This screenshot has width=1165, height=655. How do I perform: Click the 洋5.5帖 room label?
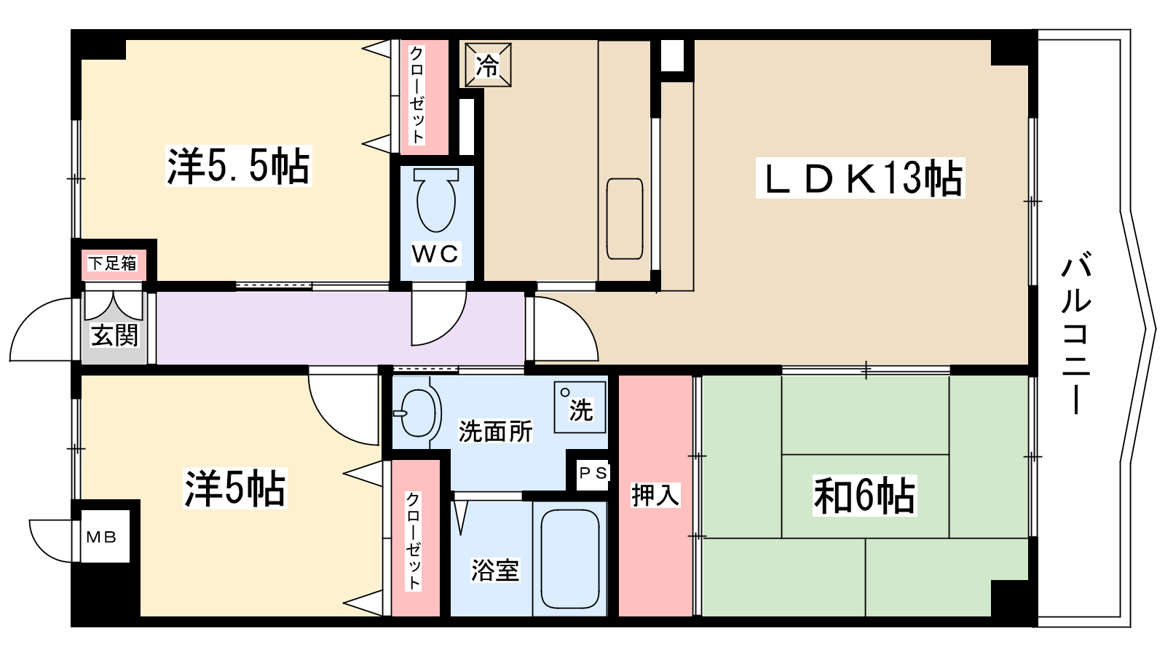[x=238, y=166]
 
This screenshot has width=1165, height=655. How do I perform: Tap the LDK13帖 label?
[x=860, y=178]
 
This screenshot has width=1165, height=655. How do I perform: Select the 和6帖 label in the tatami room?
[x=864, y=496]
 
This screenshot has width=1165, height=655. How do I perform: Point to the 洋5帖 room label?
[x=234, y=488]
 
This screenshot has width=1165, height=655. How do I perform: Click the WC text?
[x=435, y=254]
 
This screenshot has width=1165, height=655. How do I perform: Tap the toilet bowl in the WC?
[x=436, y=200]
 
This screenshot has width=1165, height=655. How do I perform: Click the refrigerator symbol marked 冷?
[x=488, y=65]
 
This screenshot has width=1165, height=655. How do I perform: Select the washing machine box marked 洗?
[x=580, y=407]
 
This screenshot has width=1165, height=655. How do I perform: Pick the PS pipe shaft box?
[x=593, y=473]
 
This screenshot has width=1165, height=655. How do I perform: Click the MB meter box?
[x=101, y=536]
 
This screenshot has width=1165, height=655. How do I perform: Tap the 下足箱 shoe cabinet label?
[x=112, y=263]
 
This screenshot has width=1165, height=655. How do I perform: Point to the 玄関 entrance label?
[x=114, y=336]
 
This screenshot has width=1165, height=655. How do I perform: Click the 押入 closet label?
[x=655, y=495]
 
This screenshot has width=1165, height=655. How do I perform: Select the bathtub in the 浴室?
[x=570, y=558]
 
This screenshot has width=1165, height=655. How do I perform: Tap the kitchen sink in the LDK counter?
[x=625, y=219]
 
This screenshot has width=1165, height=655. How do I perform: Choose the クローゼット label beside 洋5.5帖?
[x=417, y=95]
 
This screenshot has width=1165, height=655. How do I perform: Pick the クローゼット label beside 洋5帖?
[x=413, y=541]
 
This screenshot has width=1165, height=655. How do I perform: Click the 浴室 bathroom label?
[x=494, y=570]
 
